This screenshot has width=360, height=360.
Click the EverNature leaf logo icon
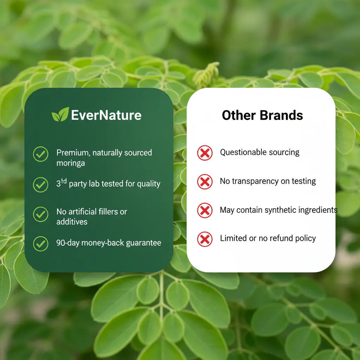(x=60, y=115)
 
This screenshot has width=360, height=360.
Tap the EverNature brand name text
(x=106, y=115)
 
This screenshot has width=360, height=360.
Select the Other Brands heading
(x=262, y=115)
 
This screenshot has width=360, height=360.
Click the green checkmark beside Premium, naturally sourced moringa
(x=41, y=154)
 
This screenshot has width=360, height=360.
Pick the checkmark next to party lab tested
(x=41, y=184)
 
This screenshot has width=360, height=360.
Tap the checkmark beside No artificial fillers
(x=41, y=214)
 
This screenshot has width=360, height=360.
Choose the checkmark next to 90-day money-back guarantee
(x=41, y=243)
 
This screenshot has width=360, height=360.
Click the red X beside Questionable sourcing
(x=205, y=153)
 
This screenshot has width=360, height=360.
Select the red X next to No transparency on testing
(x=205, y=182)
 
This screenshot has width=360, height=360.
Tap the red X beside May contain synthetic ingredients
(x=205, y=211)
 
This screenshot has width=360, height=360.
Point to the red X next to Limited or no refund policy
(x=205, y=239)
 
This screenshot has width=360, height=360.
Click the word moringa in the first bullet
(x=70, y=163)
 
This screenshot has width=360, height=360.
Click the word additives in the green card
(x=72, y=222)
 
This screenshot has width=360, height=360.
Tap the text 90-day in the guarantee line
(x=68, y=243)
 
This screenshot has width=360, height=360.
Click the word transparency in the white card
(x=254, y=181)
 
